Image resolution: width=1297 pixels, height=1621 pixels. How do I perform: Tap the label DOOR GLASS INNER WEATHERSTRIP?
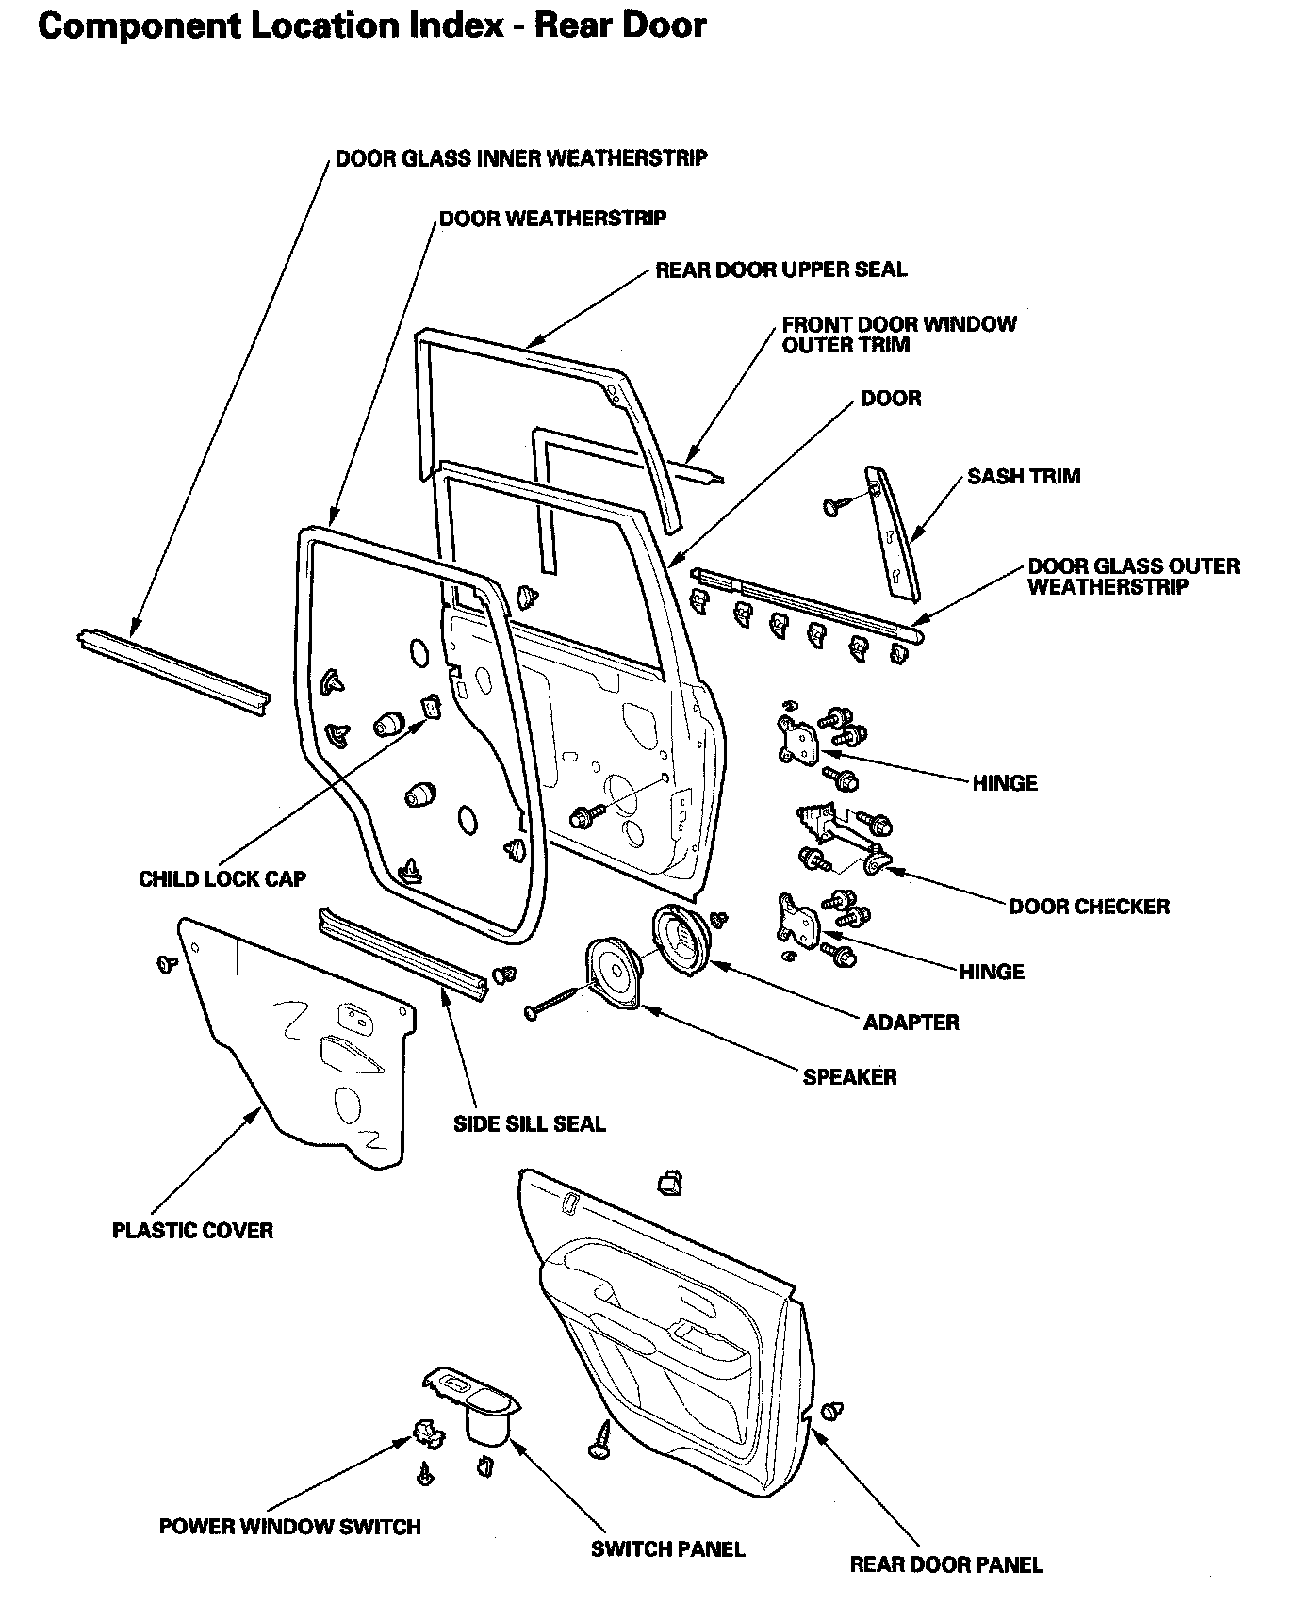521,157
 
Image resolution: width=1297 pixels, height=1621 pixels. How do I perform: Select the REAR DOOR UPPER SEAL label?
780,270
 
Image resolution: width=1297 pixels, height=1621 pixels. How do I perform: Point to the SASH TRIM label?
1024,477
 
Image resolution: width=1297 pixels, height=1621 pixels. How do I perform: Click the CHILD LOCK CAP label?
222,879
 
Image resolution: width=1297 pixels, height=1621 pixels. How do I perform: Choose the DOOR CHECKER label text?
1089,907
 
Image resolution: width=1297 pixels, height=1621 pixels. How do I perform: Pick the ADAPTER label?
911,1023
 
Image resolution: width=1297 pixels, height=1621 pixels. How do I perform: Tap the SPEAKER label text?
849,1077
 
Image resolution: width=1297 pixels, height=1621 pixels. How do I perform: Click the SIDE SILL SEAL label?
530,1124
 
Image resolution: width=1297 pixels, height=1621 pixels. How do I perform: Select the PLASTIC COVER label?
192,1231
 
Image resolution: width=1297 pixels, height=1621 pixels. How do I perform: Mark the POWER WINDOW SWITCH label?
289,1527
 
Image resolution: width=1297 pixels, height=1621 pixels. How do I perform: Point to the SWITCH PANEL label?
667,1549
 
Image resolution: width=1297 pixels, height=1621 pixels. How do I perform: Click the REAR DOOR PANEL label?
946,1565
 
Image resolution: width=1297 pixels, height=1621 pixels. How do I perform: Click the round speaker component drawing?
614,974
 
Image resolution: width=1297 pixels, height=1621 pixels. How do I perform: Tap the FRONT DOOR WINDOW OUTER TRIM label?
898,335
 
